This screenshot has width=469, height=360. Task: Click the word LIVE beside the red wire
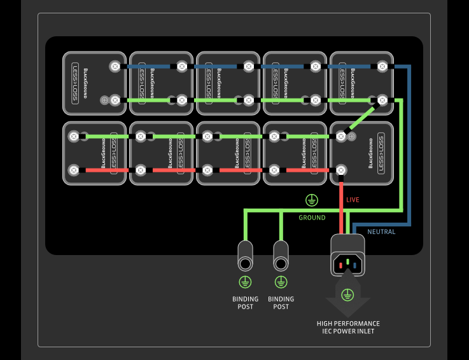pyautogui.click(x=353, y=200)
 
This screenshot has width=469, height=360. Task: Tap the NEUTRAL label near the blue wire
pyautogui.click(x=381, y=232)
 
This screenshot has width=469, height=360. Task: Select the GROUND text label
pyautogui.click(x=312, y=218)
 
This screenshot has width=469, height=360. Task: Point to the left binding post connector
pyautogui.click(x=245, y=257)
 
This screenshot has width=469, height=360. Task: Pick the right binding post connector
pyautogui.click(x=281, y=257)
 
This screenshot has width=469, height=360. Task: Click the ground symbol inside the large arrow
pyautogui.click(x=347, y=294)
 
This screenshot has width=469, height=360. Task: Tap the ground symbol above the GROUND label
pyautogui.click(x=311, y=201)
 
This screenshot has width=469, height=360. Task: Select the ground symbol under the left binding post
pyautogui.click(x=245, y=282)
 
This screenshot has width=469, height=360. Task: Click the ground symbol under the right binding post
pyautogui.click(x=281, y=282)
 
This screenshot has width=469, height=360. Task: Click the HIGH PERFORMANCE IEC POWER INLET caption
pyautogui.click(x=348, y=327)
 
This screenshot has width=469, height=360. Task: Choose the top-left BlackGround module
pyautogui.click(x=94, y=83)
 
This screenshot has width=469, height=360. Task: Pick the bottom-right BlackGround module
pyautogui.click(x=361, y=153)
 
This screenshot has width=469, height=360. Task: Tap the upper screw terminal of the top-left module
pyautogui.click(x=115, y=66)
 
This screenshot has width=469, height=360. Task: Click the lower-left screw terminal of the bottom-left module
pyautogui.click(x=74, y=170)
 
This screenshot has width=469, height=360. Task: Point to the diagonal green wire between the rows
pyautogui.click(x=362, y=118)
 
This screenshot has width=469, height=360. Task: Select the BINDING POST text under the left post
pyautogui.click(x=245, y=303)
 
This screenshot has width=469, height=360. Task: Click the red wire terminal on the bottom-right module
pyautogui.click(x=341, y=170)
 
